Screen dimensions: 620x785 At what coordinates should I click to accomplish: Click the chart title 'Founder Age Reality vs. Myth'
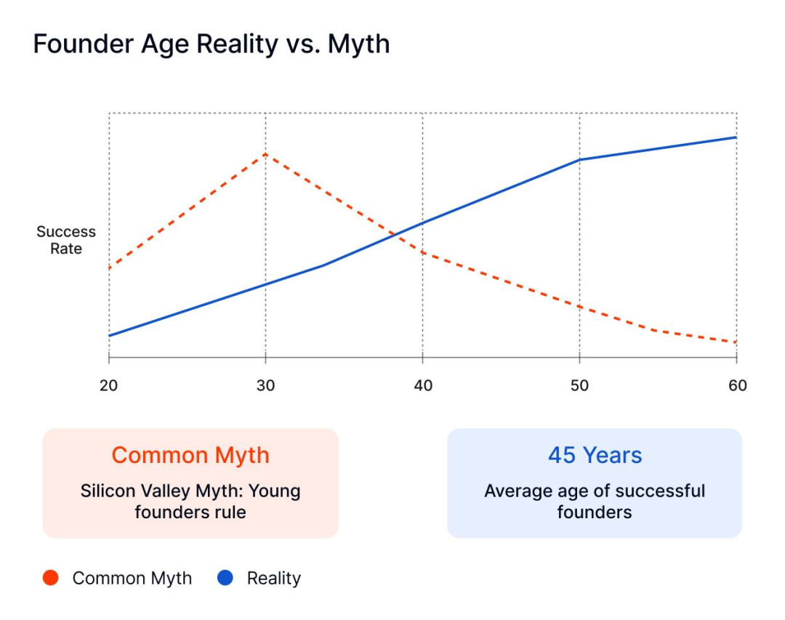pos(212,45)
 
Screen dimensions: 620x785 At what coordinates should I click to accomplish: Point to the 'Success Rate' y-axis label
pos(66,240)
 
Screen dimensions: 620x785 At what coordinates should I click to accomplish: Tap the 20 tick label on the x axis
pos(109,385)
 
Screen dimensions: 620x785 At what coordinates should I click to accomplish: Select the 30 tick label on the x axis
pos(266,385)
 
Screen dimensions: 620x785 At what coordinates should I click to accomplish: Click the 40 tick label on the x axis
pos(423,385)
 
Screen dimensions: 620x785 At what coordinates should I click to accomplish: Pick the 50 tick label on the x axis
pos(580,385)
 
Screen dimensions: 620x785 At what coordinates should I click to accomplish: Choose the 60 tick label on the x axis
pos(737,385)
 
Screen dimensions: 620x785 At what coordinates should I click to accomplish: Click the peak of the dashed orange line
pos(266,154)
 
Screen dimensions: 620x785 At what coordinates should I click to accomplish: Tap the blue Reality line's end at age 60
pos(736,137)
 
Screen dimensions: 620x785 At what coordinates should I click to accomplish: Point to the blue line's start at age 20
pos(109,335)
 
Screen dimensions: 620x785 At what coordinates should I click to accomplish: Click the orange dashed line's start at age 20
pos(109,268)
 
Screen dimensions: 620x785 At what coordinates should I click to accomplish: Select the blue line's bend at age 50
pos(580,159)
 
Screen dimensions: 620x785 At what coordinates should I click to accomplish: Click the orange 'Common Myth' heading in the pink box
pos(190,456)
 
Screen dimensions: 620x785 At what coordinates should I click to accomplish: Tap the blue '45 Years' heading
pos(595,456)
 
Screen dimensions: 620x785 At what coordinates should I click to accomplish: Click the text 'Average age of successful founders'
pos(595,501)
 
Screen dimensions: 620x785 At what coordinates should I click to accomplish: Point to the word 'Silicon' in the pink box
pos(108,491)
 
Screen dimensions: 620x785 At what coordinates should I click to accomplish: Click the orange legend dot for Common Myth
pos(50,579)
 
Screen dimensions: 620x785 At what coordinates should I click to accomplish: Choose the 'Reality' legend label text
pos(273,579)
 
